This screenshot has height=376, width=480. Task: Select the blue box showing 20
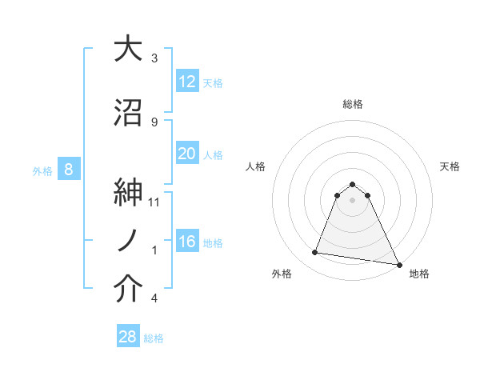click(x=186, y=154)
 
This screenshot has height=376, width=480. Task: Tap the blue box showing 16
click(x=186, y=242)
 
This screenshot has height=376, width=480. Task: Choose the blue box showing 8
click(x=69, y=170)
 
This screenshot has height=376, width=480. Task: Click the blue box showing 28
click(x=127, y=337)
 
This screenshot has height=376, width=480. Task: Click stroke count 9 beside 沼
click(x=154, y=122)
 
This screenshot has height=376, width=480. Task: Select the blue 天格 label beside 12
click(x=213, y=83)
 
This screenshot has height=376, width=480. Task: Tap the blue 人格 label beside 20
click(x=213, y=155)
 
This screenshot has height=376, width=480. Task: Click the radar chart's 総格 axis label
click(x=353, y=104)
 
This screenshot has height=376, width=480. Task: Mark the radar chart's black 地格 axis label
click(x=419, y=274)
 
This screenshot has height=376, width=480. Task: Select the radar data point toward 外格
click(x=315, y=253)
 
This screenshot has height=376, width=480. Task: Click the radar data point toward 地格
click(x=398, y=263)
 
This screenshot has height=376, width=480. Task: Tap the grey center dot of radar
click(x=353, y=200)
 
